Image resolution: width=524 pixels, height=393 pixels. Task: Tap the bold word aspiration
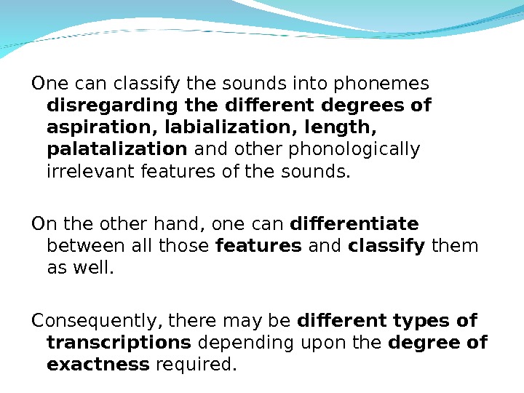coord(102,128)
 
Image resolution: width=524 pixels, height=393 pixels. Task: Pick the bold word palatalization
coord(116,150)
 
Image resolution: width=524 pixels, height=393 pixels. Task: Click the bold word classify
coord(386,245)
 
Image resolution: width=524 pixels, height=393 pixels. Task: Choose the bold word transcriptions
coord(119,342)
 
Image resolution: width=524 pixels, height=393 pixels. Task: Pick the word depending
coord(235,342)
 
